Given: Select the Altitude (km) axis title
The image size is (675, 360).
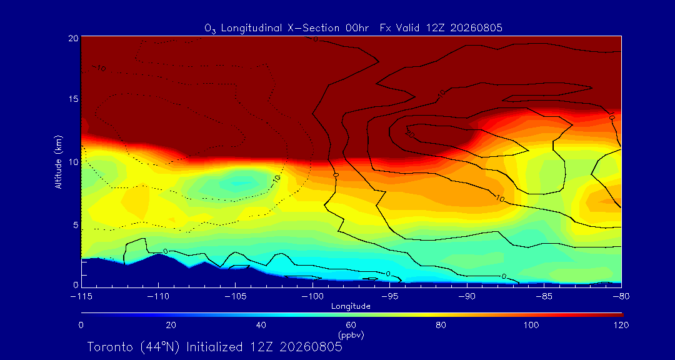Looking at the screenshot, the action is click(x=58, y=162).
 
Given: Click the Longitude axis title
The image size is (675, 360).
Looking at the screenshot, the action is click(x=351, y=307).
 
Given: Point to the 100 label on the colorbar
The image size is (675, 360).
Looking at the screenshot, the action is click(x=531, y=325).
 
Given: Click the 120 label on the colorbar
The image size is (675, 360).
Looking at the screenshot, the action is click(x=621, y=325).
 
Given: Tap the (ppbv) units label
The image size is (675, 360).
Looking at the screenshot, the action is click(x=351, y=334).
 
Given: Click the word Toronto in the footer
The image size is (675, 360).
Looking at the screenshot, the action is click(x=111, y=347).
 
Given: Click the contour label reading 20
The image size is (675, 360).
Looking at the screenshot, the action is click(x=410, y=134).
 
